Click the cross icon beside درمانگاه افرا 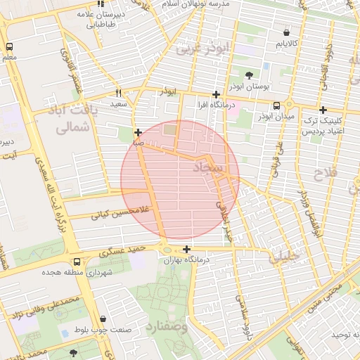(216, 94)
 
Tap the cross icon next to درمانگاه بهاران (186, 249)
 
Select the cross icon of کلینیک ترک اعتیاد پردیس (323, 110)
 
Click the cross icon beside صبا (138, 131)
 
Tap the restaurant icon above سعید (119, 93)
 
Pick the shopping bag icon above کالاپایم (286, 32)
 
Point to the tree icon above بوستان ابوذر (249, 75)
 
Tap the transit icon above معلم (8, 46)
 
